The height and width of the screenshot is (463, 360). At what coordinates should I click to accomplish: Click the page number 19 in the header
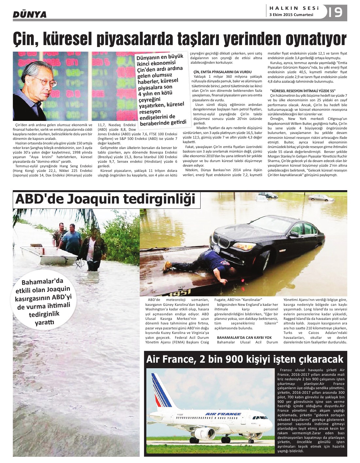coord(335,12)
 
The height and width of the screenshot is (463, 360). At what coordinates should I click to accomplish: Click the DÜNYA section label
coord(29,14)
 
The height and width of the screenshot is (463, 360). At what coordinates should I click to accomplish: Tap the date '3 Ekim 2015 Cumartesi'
coord(291,15)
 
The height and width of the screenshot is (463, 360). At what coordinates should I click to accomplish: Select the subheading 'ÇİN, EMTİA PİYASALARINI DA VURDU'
coord(222,72)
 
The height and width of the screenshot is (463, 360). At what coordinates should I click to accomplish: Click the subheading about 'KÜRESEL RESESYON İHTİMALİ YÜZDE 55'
coord(303,91)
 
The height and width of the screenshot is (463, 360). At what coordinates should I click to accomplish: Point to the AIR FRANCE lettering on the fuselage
coord(223,414)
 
